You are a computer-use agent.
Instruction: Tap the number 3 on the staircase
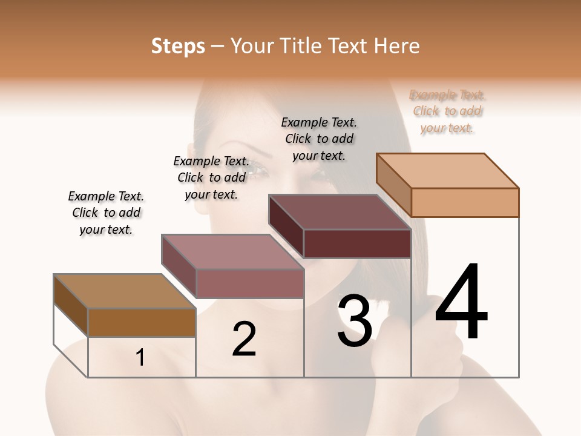[x=355, y=321]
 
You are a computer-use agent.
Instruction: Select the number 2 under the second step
[x=244, y=339]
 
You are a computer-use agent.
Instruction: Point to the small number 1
[x=140, y=358]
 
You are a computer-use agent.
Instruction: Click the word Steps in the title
[x=178, y=46]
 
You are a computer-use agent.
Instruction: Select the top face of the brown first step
[x=125, y=291]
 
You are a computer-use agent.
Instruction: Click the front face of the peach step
[x=465, y=202]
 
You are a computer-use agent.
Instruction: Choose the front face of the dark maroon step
[x=357, y=243]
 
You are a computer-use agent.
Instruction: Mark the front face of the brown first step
[x=142, y=322]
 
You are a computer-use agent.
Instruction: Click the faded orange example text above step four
[x=447, y=111]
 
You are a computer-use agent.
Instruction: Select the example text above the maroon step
[x=319, y=139]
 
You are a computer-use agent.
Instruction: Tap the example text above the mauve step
[x=211, y=177]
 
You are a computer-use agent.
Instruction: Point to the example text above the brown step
[x=106, y=213]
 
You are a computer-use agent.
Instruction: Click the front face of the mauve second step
[x=249, y=283]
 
